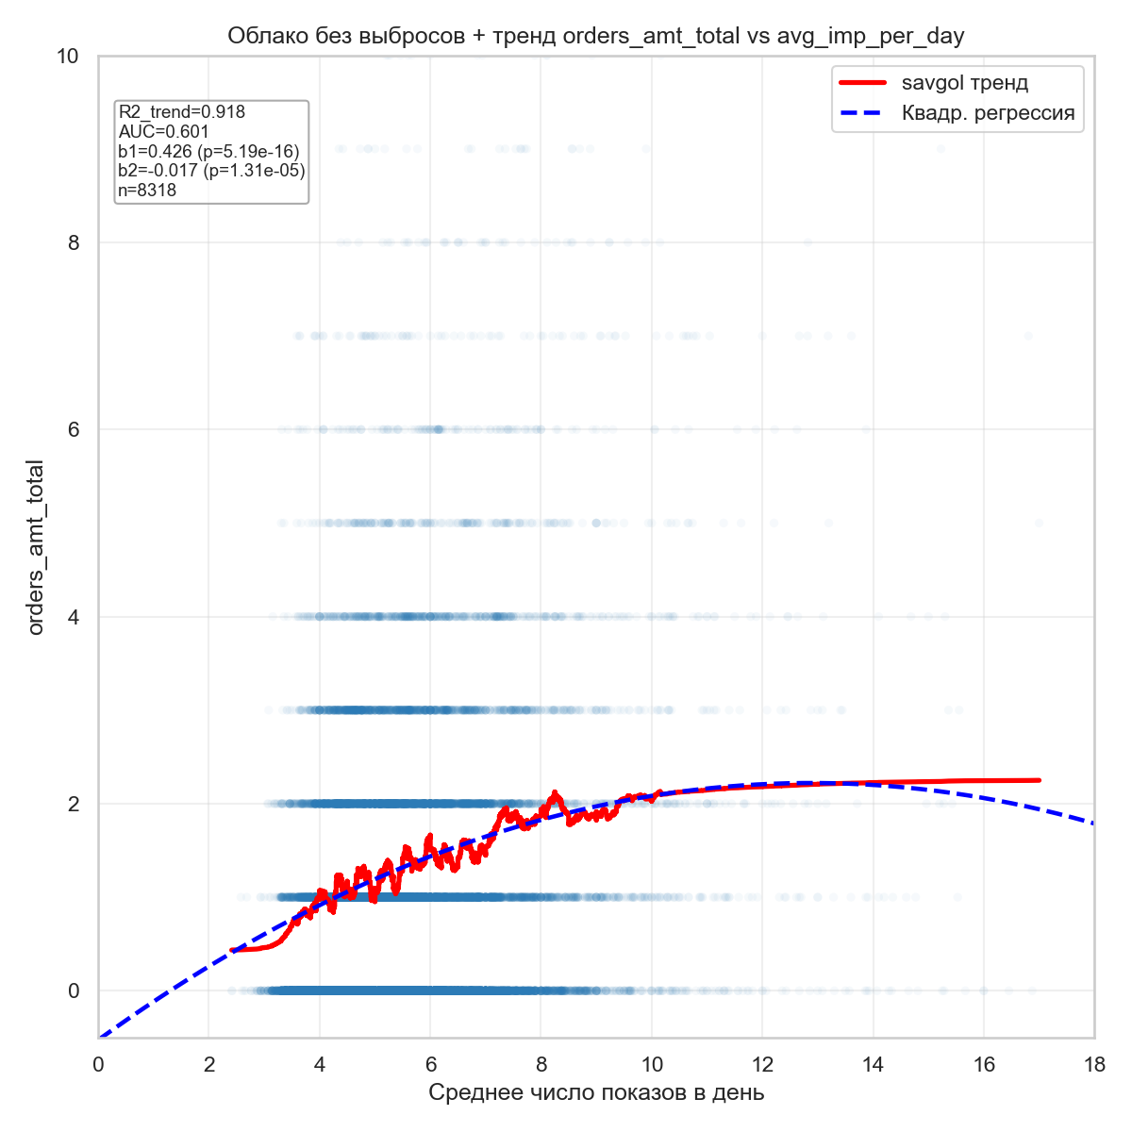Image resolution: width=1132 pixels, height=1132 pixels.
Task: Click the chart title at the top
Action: pos(595,37)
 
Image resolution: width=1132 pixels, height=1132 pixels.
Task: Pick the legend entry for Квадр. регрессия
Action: pos(988,114)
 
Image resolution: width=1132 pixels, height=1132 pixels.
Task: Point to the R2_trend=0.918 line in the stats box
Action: pos(182,112)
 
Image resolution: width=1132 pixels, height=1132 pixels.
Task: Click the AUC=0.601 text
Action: pos(164,132)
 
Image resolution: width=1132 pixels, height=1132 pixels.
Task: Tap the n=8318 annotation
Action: pos(147,191)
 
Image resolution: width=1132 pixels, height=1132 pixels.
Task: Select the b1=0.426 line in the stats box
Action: pos(208,152)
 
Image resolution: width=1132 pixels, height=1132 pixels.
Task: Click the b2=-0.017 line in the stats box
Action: pos(211,171)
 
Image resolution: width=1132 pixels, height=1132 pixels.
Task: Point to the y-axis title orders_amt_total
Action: pos(36,547)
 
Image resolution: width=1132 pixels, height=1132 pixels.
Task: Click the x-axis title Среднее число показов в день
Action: pos(596,1093)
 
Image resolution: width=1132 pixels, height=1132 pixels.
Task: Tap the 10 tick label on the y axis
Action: pos(67,57)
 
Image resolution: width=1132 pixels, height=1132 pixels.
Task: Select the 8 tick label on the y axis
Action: pos(73,242)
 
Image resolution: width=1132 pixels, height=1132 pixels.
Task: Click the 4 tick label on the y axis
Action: pos(73,617)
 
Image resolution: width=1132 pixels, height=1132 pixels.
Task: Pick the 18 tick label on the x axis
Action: pos(1094,1065)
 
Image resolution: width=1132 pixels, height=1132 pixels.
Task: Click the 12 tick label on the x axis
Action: pos(762,1065)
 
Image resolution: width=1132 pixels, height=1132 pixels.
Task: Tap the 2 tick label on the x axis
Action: pos(208,1065)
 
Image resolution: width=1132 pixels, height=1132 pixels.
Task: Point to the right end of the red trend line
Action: pos(1039,780)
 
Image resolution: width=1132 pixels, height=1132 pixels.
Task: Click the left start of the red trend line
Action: pos(232,949)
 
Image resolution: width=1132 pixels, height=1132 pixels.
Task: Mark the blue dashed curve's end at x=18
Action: pos(1093,824)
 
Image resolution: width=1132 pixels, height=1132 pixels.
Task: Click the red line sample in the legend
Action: pos(862,83)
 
